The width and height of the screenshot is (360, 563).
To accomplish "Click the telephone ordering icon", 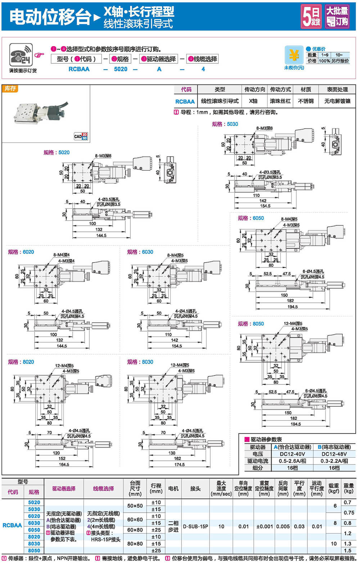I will point(21,55).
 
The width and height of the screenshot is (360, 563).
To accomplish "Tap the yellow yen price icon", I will point(294,55).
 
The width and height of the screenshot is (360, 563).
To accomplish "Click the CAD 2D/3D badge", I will point(81,136).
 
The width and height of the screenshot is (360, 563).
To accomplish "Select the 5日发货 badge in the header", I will point(311,17).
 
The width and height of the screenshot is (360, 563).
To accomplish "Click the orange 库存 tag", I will point(10,89).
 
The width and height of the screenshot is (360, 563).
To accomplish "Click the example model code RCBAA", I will point(79,69).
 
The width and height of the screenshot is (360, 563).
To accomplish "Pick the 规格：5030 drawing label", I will point(225,124).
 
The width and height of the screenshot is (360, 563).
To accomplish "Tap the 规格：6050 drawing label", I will point(251,218).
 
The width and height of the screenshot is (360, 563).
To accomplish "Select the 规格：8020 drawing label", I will point(21,362).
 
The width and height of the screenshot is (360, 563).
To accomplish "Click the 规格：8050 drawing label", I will point(251,324).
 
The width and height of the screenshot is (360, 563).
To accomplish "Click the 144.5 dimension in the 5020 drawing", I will point(101,235).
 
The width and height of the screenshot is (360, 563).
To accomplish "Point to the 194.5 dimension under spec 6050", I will point(292,307).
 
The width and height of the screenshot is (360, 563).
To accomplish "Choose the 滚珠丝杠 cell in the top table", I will point(280,101).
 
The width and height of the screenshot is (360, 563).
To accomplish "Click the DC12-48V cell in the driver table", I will point(334,454).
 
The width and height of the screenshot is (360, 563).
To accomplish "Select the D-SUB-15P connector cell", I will point(195,526).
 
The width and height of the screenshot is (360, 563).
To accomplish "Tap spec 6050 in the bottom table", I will point(34,530).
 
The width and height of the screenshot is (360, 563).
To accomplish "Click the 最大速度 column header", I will point(221,488).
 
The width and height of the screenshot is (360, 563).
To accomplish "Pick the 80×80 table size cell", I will point(135,544).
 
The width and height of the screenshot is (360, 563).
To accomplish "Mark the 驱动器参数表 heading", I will point(266,439).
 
